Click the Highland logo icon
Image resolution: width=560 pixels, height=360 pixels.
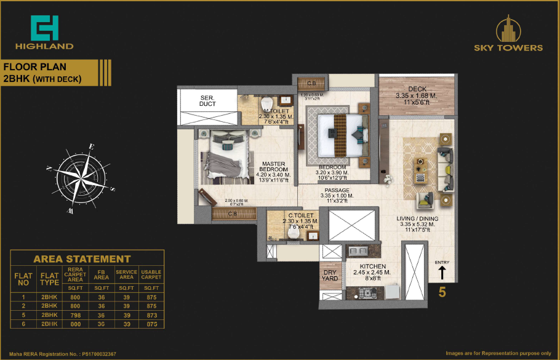[x=45, y=28]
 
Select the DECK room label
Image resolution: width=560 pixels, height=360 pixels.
[x=417, y=89]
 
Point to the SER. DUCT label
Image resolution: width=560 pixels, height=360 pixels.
[x=207, y=101]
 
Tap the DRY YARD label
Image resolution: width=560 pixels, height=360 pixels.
[x=330, y=274]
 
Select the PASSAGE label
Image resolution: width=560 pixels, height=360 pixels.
[x=337, y=191]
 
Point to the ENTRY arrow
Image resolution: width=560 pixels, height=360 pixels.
[x=442, y=271]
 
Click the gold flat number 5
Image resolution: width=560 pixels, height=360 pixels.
[x=441, y=292]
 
